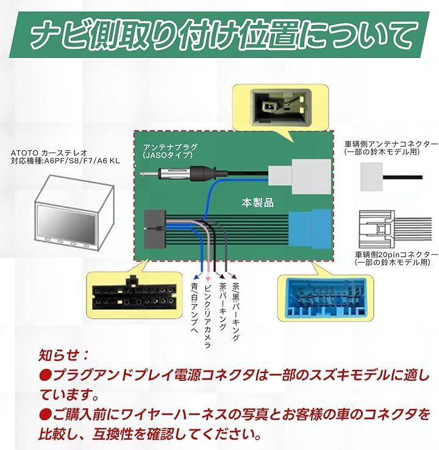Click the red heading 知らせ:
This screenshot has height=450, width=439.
[x=63, y=355]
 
